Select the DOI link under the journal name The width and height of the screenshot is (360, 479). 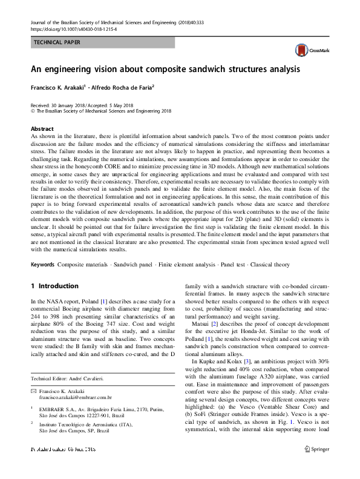pos(73,29)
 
